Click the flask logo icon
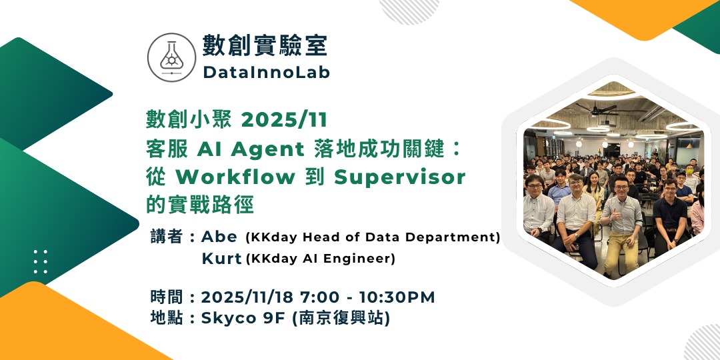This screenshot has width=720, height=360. tap(172, 57)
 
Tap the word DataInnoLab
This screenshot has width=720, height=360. tap(266, 73)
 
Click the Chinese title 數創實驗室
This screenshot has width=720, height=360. tap(265, 46)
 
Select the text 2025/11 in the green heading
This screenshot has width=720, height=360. tap(285, 120)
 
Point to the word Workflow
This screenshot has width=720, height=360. tap(235, 177)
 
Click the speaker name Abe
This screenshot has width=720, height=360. tap(219, 237)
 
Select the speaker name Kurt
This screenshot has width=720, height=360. tap(221, 259)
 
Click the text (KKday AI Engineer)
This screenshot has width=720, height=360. tap(321, 259)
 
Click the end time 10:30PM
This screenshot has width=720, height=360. tap(397, 297)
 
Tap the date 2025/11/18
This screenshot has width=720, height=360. tap(247, 297)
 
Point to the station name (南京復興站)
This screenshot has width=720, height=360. tap(341, 318)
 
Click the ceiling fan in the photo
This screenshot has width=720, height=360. tap(597, 109)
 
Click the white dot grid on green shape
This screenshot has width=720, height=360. tap(41, 262)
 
